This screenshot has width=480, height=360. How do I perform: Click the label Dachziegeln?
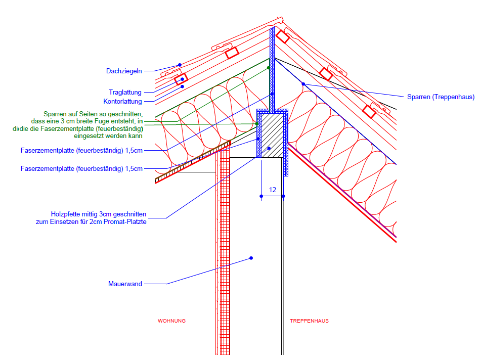click(x=124, y=71)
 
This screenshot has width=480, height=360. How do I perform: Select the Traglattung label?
click(x=125, y=92)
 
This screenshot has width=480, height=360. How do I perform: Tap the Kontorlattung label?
click(x=123, y=101)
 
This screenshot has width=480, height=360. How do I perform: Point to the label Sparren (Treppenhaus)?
click(x=441, y=97)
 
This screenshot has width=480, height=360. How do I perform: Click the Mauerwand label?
click(x=125, y=284)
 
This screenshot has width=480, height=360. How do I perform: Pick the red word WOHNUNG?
click(x=172, y=321)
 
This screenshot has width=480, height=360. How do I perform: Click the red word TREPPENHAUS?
click(x=309, y=321)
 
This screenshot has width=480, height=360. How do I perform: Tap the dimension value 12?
click(x=272, y=190)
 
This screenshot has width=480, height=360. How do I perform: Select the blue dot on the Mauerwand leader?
click(x=251, y=258)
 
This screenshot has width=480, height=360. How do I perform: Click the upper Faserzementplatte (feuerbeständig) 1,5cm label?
click(x=81, y=150)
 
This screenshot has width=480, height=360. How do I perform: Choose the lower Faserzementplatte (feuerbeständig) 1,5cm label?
click(x=81, y=168)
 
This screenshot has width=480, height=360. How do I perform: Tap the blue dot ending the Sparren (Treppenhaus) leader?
click(x=303, y=83)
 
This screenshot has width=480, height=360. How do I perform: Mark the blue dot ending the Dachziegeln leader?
click(x=179, y=65)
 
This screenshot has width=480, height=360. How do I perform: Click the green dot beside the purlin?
click(x=257, y=123)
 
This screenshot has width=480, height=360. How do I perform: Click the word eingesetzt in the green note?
click(x=89, y=136)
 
